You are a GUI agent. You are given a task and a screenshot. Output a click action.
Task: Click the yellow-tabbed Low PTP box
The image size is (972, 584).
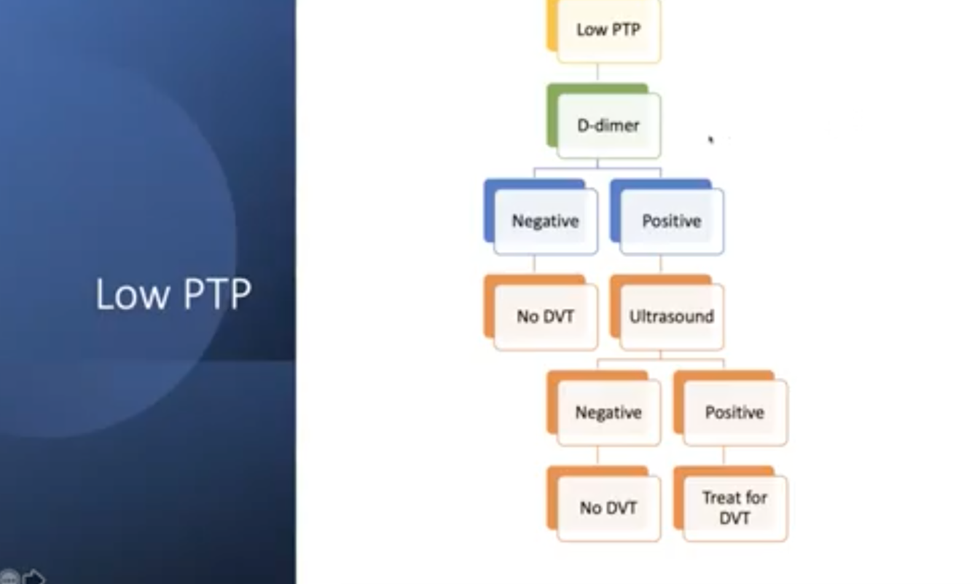pos(608,31)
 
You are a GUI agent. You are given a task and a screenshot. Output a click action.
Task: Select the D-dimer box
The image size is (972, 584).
pos(608,125)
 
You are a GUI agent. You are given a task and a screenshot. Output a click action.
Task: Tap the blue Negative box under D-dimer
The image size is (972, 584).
pos(545,221)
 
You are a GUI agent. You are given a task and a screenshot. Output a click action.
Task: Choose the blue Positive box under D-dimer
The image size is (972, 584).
pos(671,221)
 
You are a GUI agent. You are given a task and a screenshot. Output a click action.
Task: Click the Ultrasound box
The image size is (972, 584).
pos(671,317)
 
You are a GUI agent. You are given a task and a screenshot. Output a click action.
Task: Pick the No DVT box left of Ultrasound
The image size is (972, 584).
pos(545,317)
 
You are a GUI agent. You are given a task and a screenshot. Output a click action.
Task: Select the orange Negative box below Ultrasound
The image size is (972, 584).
pos(608,413)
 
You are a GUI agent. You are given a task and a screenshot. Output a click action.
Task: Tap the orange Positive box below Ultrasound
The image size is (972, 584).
pos(734,413)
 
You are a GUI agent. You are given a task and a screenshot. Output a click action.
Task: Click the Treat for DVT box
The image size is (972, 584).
pos(734,508)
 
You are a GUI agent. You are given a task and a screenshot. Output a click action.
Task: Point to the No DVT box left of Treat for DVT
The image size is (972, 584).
pos(608,508)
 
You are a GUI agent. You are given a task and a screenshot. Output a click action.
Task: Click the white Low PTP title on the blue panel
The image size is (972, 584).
pos(173,294)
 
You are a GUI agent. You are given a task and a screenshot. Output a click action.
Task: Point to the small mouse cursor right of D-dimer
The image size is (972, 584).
pos(711,139)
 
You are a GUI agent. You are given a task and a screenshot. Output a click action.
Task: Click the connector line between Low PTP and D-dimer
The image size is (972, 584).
pos(597,73)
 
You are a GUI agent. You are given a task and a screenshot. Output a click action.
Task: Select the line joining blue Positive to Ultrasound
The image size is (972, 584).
pos(661,264)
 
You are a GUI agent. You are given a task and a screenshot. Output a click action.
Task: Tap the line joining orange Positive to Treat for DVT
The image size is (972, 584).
pos(724,456)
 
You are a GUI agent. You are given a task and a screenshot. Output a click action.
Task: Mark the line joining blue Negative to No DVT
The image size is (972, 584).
pos(534,264)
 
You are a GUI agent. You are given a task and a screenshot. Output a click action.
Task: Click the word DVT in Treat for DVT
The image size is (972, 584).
pos(734,518)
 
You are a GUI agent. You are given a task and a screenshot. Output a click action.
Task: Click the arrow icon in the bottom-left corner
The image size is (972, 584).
pos(33,577)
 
